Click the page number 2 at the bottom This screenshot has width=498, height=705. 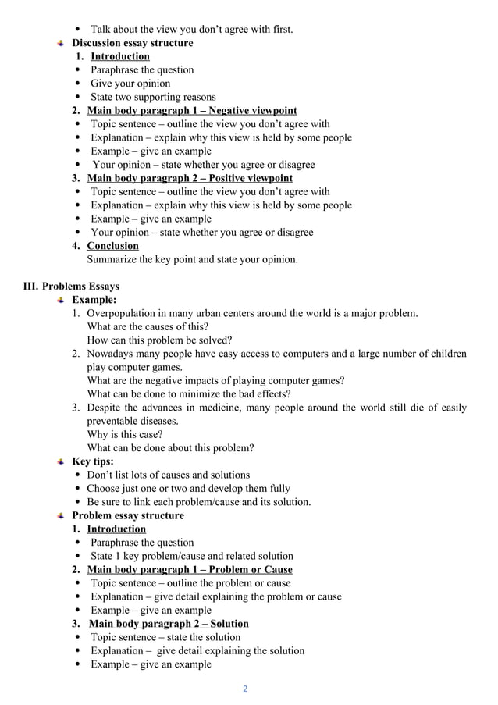pyautogui.click(x=245, y=689)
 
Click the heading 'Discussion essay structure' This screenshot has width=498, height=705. pyautogui.click(x=132, y=43)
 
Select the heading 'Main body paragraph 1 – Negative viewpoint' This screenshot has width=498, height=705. pyautogui.click(x=191, y=111)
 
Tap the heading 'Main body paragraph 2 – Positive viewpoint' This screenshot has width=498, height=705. pyautogui.click(x=190, y=178)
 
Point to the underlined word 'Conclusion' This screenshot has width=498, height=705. pyautogui.click(x=112, y=246)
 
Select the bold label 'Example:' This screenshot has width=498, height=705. pyautogui.click(x=94, y=300)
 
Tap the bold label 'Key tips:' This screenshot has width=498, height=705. pyautogui.click(x=93, y=461)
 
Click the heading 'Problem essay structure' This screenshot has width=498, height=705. pyautogui.click(x=128, y=515)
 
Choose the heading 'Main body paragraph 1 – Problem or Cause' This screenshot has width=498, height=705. pyautogui.click(x=190, y=569)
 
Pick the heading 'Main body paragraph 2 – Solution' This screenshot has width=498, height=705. pyautogui.click(x=169, y=624)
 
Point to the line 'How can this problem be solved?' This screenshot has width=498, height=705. pyautogui.click(x=159, y=340)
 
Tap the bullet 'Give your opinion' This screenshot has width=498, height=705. pyautogui.click(x=130, y=84)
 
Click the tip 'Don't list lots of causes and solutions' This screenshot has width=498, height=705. pyautogui.click(x=169, y=475)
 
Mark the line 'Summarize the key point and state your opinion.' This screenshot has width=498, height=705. pyautogui.click(x=192, y=259)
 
